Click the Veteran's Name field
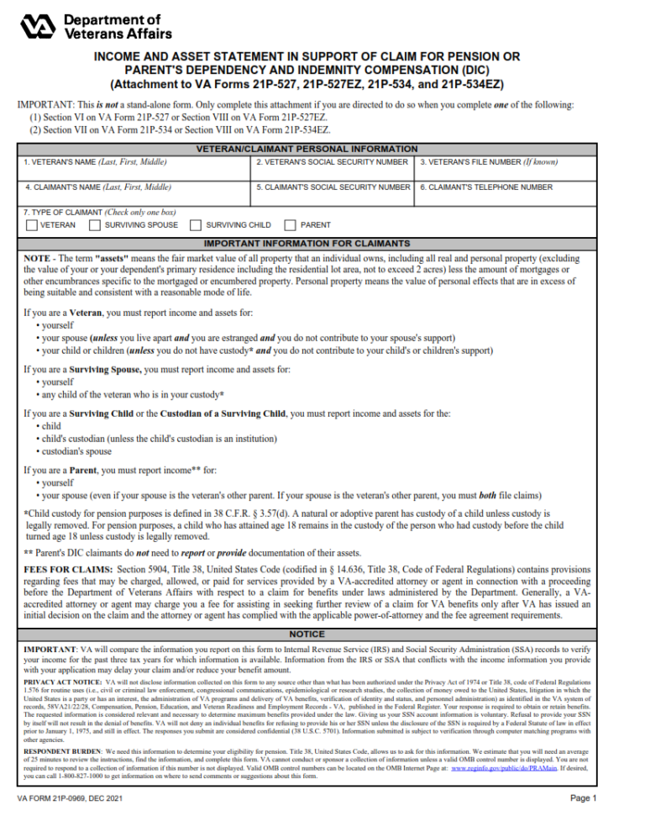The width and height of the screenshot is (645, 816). (134, 172)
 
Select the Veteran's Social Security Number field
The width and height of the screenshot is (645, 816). (333, 172)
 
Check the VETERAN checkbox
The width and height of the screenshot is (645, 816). (31, 225)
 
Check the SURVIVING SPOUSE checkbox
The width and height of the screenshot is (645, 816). (95, 225)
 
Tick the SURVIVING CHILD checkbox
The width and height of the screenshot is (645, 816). (196, 225)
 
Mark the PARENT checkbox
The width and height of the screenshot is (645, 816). (291, 225)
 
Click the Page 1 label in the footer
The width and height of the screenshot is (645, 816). (582, 798)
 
